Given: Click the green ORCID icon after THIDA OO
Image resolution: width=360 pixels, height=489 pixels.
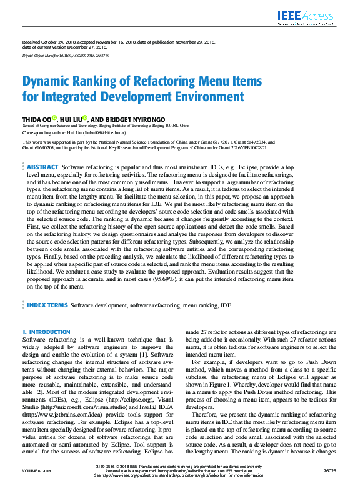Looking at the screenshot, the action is pyautogui.click(x=54, y=117).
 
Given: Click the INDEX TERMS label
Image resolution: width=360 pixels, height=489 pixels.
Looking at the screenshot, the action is pyautogui.click(x=47, y=305).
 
